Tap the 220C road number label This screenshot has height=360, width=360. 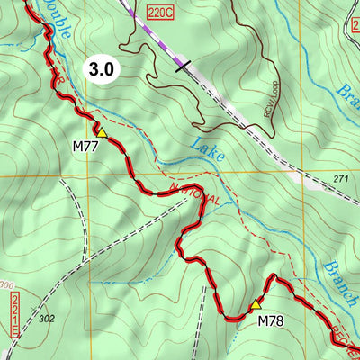pos(158,13)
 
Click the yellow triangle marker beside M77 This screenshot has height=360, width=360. pos(102,133)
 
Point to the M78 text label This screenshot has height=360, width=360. pos(272,320)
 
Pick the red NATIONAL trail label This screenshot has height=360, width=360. pos(193,192)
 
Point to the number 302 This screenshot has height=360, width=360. pos(48,318)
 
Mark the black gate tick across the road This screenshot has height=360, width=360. pos(184,65)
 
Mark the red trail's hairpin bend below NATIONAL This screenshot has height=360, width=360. pos(196,200)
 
